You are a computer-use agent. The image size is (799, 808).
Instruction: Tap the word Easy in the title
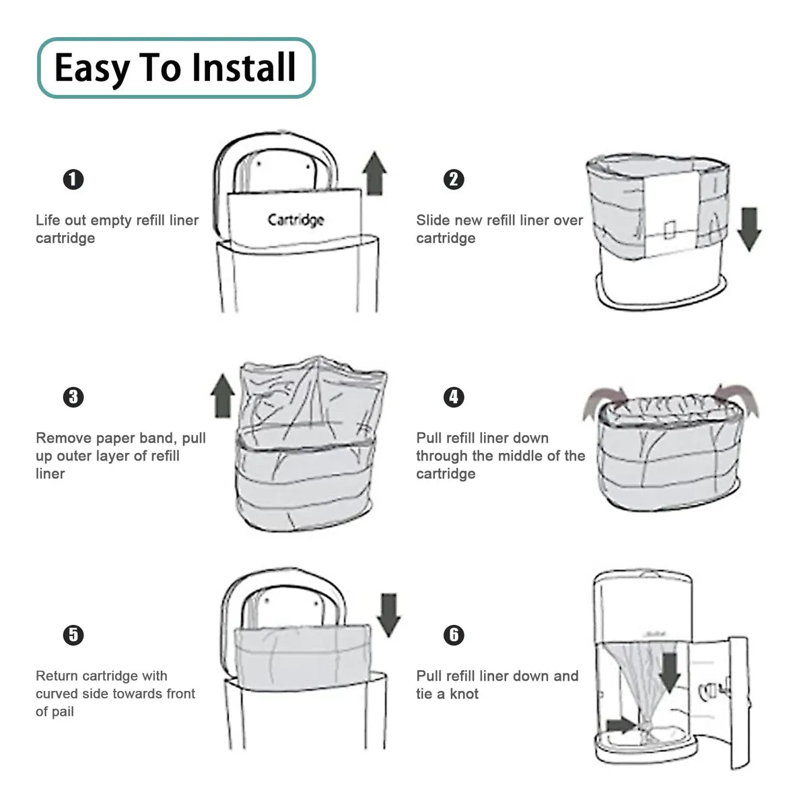pos(92,69)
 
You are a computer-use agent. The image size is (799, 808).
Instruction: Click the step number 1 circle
pos(73,180)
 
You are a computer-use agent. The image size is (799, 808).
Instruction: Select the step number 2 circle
pos(454,180)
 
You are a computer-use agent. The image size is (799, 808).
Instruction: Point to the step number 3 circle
pos(73,397)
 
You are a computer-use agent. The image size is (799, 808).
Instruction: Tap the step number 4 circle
pos(454,397)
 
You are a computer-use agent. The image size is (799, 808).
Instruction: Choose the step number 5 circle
pos(73,635)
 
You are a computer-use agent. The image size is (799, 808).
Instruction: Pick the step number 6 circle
pos(454,635)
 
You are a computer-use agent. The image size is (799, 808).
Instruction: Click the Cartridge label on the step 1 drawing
pos(296,220)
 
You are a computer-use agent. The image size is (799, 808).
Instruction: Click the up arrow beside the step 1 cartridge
pos(374,174)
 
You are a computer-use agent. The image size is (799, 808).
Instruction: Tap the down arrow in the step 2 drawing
pos(749,229)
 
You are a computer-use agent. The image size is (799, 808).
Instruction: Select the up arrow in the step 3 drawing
pos(223,396)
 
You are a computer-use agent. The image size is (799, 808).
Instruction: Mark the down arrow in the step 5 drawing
pos(388,615)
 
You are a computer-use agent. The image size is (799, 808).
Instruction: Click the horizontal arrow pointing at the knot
pos(621,725)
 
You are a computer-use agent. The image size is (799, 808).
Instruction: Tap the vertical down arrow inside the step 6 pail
pos(669,673)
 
